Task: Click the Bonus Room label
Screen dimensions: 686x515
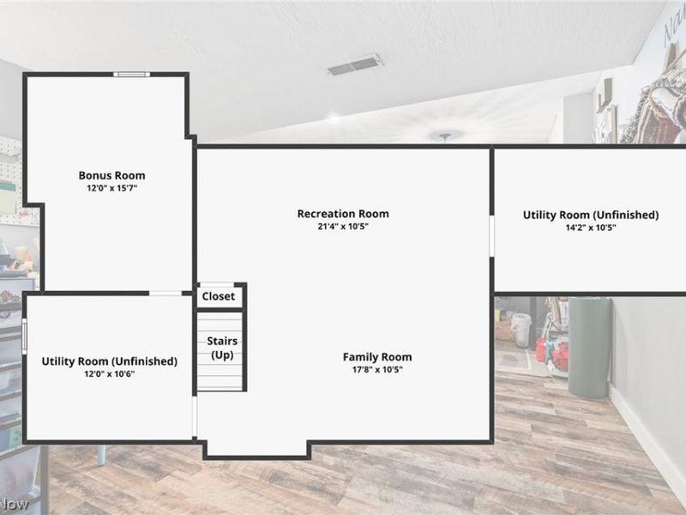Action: [x=112, y=176]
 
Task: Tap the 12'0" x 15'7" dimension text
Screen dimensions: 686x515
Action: [x=112, y=188]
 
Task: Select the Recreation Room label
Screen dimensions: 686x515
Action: [x=343, y=214]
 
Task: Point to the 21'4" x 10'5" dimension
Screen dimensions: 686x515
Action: [x=343, y=227]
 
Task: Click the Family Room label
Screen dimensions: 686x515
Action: [x=377, y=357]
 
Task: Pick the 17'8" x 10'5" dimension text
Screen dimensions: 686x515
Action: [x=377, y=370]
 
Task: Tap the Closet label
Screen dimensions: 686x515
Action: [x=219, y=296]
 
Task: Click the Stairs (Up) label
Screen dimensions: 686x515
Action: [x=222, y=348]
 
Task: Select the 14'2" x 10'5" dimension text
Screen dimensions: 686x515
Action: [x=591, y=227]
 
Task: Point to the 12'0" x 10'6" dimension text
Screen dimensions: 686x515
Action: [x=110, y=374]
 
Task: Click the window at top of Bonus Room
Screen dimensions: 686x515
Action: [x=132, y=75]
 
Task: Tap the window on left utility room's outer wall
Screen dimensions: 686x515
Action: [x=25, y=336]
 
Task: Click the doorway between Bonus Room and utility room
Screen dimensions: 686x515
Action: [x=165, y=293]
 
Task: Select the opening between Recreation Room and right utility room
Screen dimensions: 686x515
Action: [x=491, y=235]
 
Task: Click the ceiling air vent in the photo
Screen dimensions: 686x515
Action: [x=355, y=65]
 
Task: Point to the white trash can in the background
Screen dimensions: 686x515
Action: [x=521, y=330]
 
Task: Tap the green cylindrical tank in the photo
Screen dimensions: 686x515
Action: [x=589, y=347]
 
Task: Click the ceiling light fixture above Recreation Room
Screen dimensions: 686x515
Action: [x=445, y=136]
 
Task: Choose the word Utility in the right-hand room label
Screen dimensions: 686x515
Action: [x=540, y=215]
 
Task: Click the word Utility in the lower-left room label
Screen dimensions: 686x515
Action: [x=58, y=361]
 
